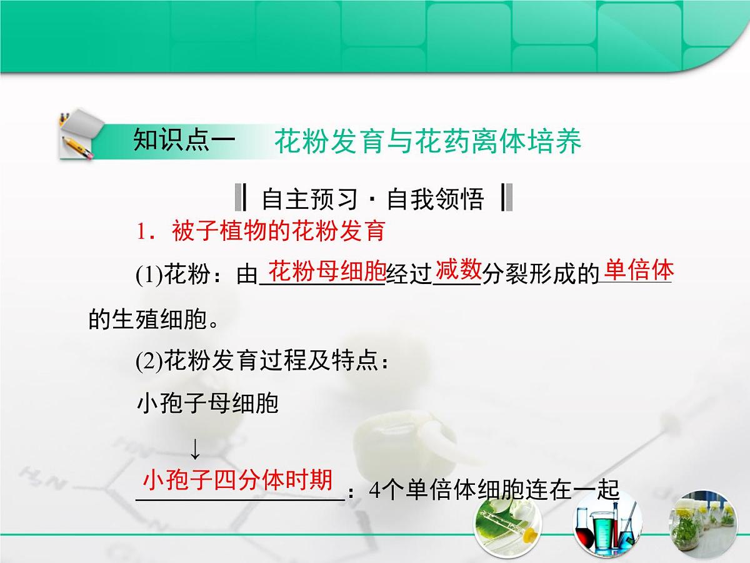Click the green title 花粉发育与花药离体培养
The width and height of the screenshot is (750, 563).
click(x=427, y=142)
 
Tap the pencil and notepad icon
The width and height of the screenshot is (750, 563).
click(x=76, y=136)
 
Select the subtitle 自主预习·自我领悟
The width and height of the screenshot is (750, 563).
click(x=372, y=199)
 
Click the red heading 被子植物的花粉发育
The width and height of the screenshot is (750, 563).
click(x=277, y=231)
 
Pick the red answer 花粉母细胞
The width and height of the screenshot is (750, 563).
click(x=326, y=271)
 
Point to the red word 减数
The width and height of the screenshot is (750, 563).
click(x=458, y=270)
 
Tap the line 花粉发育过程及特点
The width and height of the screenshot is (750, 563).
click(x=262, y=362)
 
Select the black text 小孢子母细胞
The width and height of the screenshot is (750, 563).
click(x=207, y=404)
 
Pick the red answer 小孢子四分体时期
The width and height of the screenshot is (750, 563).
click(x=237, y=480)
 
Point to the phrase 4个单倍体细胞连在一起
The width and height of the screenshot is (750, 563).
click(x=494, y=490)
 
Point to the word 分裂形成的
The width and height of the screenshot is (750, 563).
click(x=541, y=276)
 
